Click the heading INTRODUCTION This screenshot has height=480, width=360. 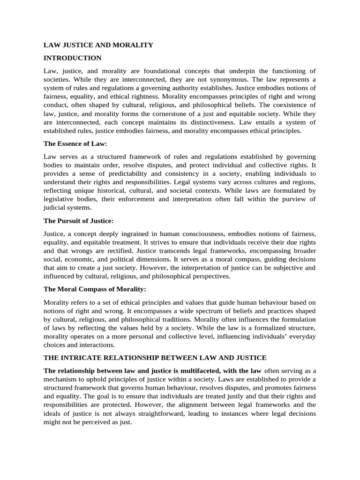72,58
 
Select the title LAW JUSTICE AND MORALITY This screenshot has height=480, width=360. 98,45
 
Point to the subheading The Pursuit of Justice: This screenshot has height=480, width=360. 79,220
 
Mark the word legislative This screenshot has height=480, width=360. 61,199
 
